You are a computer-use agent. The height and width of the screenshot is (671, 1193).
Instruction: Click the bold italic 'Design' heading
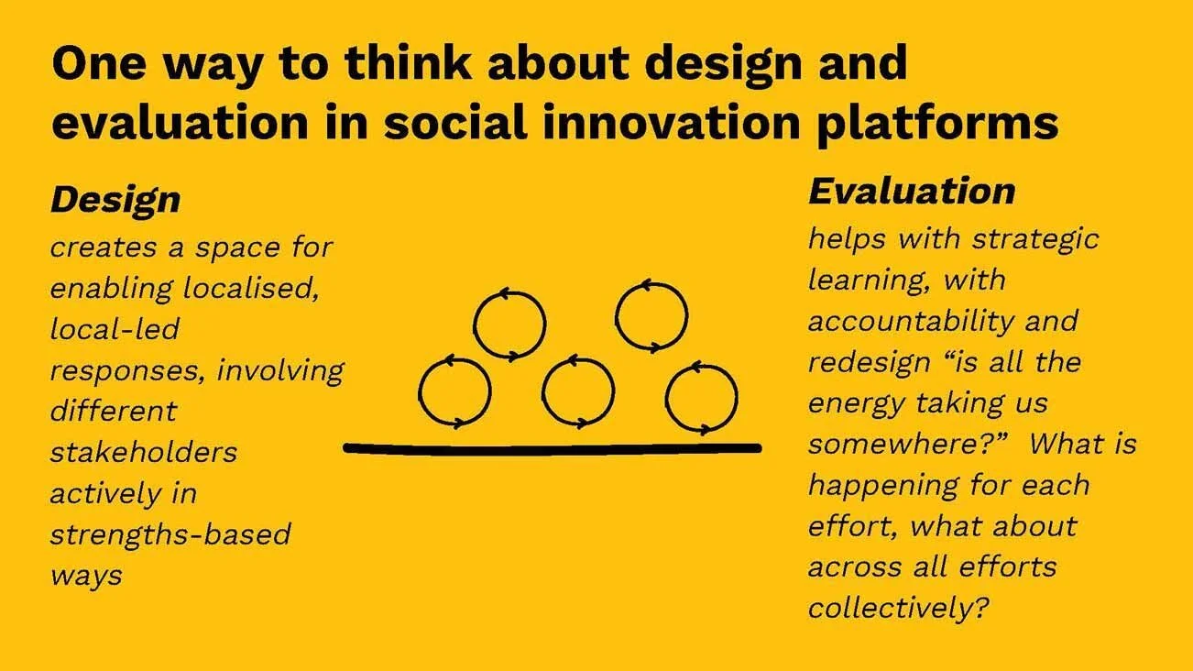115,200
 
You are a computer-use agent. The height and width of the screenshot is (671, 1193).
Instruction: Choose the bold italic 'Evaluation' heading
911,191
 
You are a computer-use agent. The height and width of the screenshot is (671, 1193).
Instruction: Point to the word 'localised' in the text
250,288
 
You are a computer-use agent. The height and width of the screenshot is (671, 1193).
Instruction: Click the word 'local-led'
114,328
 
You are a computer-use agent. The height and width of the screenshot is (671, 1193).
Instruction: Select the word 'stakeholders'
143,452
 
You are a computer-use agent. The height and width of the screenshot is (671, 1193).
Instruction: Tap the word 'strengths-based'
170,534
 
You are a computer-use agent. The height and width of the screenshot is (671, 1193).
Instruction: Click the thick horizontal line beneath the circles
553,448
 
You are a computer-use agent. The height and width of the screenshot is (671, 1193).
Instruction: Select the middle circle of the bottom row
577,392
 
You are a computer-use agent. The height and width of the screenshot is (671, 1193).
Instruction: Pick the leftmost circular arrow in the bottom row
454,392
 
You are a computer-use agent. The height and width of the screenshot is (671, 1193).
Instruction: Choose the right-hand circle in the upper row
651,316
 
